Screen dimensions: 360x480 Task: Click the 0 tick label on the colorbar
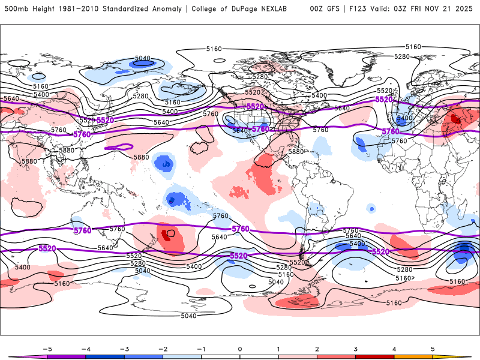(240, 348)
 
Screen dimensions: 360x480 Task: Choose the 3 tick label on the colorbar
(356, 348)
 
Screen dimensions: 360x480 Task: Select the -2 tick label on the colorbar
(163, 348)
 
